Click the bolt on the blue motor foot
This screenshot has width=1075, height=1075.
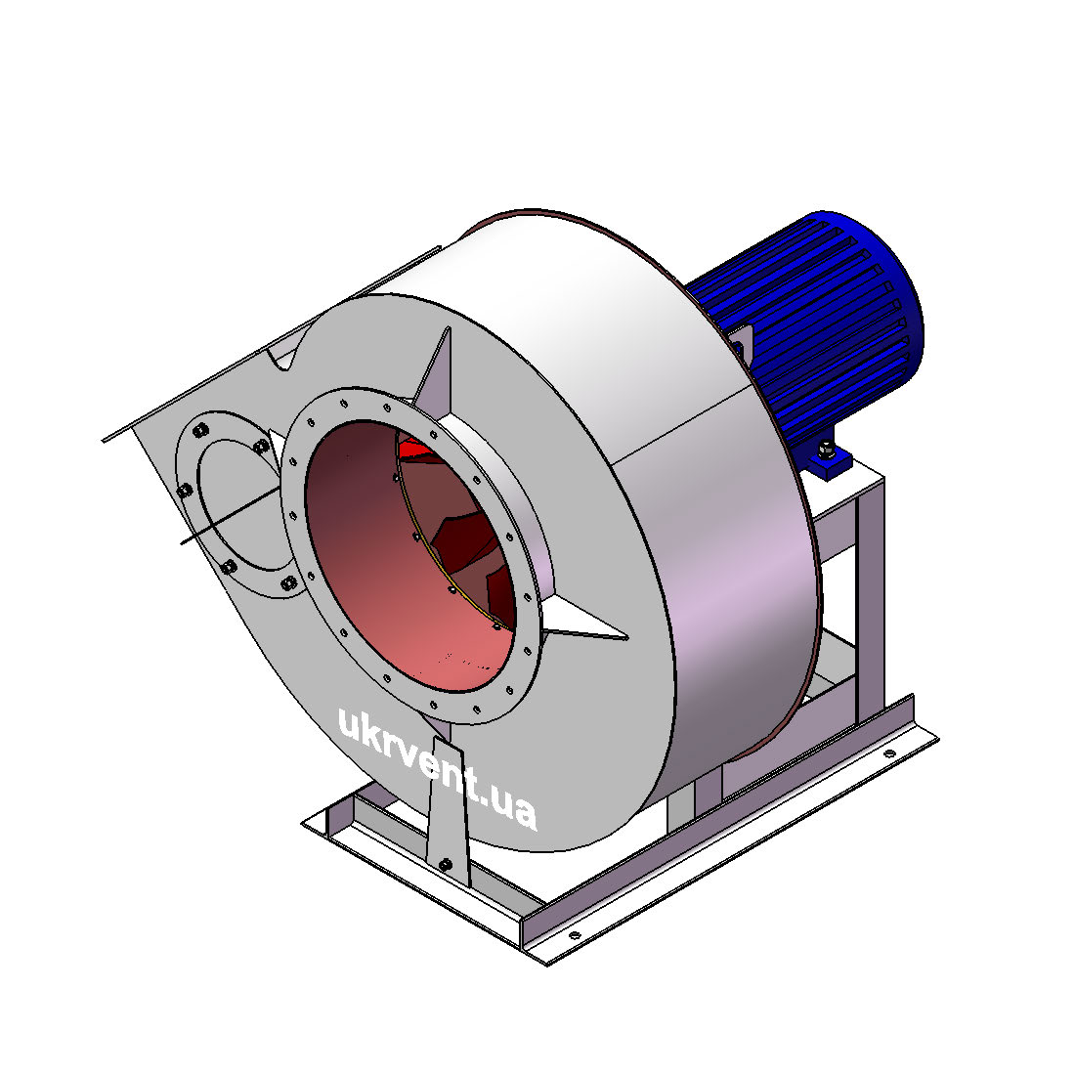coord(825,450)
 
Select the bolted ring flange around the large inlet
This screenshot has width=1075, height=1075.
coord(410,555)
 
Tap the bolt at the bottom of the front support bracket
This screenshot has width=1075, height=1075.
coord(445,865)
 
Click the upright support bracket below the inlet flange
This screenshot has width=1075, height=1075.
coord(447,809)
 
